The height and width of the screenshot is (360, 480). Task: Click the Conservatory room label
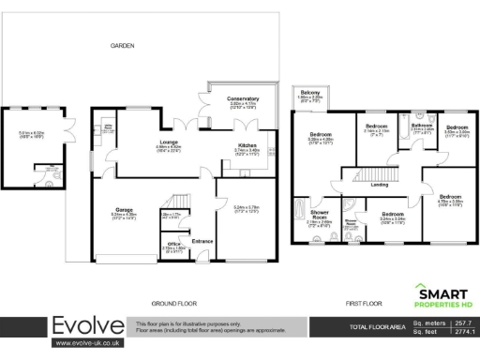click(x=243, y=98)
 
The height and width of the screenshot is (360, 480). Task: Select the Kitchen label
click(x=246, y=145)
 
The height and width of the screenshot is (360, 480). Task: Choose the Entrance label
click(x=202, y=241)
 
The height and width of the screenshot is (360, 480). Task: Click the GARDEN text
click(x=122, y=45)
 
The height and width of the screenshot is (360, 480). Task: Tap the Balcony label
click(x=311, y=92)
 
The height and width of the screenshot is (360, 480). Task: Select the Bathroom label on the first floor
click(x=422, y=126)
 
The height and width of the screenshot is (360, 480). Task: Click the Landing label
click(x=380, y=185)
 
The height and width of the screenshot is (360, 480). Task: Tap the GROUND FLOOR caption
click(x=172, y=303)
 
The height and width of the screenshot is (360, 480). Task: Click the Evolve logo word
click(x=87, y=326)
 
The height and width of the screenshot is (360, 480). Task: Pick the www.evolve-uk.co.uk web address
click(x=87, y=344)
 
